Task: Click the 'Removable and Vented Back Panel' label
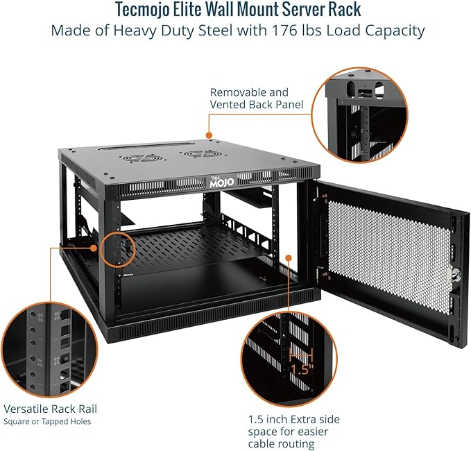pyautogui.click(x=249, y=98)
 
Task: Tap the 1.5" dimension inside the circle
pyautogui.click(x=302, y=369)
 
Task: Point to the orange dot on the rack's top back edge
pyautogui.click(x=207, y=136)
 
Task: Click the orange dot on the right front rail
pyautogui.click(x=287, y=257)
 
